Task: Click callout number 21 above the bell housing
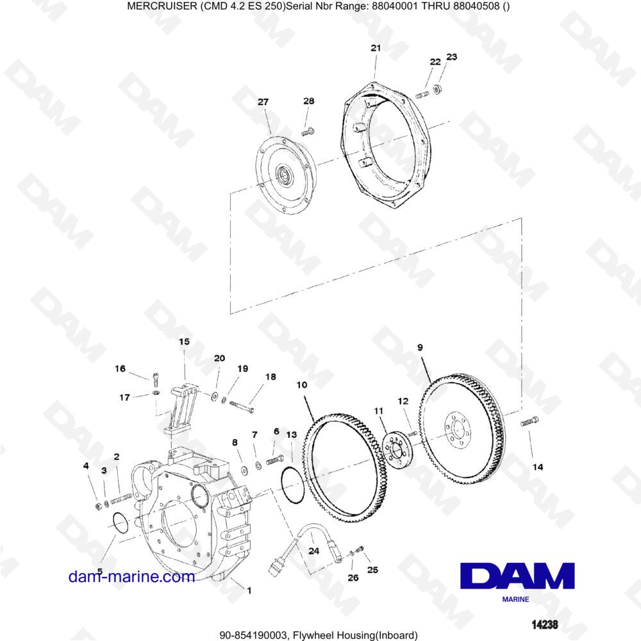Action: pos(376,48)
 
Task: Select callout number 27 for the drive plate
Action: pos(263,102)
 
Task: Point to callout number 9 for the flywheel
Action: pos(420,347)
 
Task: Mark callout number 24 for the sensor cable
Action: pos(313,551)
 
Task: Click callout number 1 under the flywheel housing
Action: pos(249,590)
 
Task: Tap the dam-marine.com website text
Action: pos(131,576)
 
